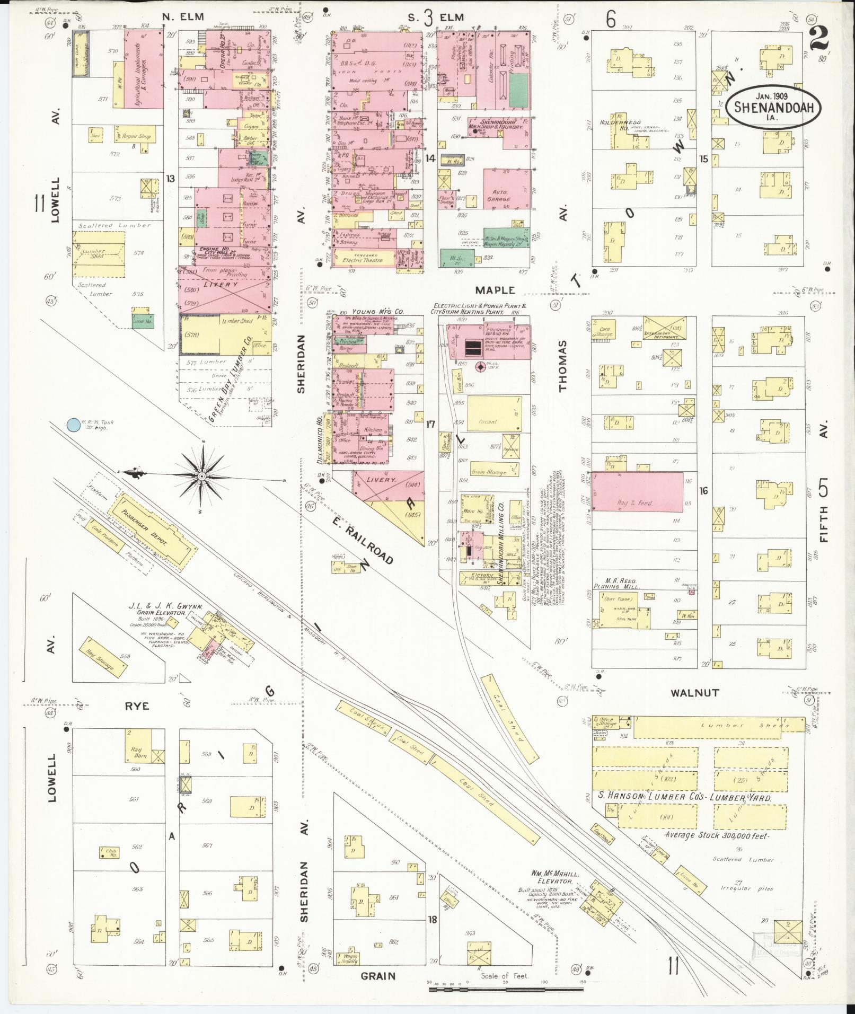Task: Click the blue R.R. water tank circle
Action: coord(73,424)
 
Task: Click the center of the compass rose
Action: coord(201,477)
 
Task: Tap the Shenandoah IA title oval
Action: coord(770,108)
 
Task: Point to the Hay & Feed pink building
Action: coord(637,492)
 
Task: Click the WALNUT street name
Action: coord(686,693)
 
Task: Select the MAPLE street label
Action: coord(495,290)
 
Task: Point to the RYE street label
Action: coord(137,706)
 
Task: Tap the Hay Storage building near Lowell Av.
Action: coord(104,657)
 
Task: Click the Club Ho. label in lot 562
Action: coord(110,853)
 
